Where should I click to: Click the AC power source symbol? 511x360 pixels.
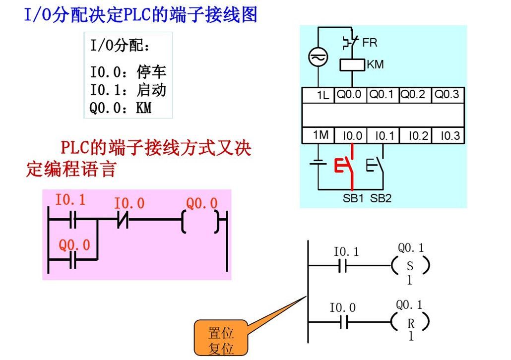318,57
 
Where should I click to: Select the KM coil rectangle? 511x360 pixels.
352,65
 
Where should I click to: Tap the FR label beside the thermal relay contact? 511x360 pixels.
370,43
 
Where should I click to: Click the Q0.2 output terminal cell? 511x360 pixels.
415,95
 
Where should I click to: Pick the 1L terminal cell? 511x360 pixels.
319,95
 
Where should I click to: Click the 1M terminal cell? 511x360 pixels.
319,135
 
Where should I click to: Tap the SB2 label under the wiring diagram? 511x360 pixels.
381,198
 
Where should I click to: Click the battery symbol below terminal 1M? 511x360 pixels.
318,162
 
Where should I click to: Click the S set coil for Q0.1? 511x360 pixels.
410,266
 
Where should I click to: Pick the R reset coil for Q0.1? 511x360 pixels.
410,322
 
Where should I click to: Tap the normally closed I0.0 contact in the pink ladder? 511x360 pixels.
123,220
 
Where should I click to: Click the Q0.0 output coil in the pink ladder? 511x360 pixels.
200,222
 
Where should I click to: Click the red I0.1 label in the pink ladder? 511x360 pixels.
70,200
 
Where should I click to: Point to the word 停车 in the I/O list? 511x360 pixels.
151,72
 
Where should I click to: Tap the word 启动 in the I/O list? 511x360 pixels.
151,90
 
